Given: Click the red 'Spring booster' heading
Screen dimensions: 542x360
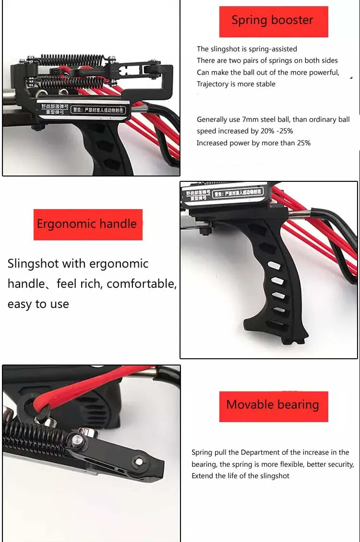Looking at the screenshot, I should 273,21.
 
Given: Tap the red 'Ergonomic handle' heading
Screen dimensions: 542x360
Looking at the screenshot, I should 87,224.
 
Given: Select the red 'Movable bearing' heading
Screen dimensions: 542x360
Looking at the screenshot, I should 273,405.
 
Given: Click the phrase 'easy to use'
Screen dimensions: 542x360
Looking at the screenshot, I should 38,304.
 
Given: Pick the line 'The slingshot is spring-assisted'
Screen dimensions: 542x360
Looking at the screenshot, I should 247,49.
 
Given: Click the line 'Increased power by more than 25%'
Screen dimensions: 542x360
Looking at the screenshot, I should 253,143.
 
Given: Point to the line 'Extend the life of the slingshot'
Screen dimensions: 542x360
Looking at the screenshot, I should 240,476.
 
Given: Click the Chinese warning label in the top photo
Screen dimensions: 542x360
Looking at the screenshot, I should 98,110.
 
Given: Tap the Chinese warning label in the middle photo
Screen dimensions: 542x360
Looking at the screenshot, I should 238,193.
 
